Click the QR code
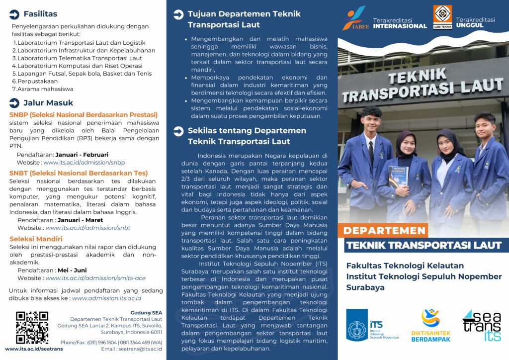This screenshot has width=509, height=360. (x=32, y=328)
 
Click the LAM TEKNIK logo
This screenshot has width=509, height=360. (x=442, y=17)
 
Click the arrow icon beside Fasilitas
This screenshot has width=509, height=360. (x=14, y=14)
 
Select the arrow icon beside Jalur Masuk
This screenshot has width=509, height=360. (x=14, y=103)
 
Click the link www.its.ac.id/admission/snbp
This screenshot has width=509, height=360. (x=84, y=163)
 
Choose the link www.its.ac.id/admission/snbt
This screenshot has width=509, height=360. (x=88, y=228)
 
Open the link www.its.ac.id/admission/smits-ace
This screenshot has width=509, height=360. (x=95, y=278)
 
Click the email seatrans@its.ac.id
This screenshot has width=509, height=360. (x=140, y=349)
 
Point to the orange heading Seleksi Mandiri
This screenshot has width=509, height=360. (x=36, y=239)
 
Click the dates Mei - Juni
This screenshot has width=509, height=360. (x=74, y=270)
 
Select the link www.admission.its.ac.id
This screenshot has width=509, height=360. (x=107, y=298)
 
